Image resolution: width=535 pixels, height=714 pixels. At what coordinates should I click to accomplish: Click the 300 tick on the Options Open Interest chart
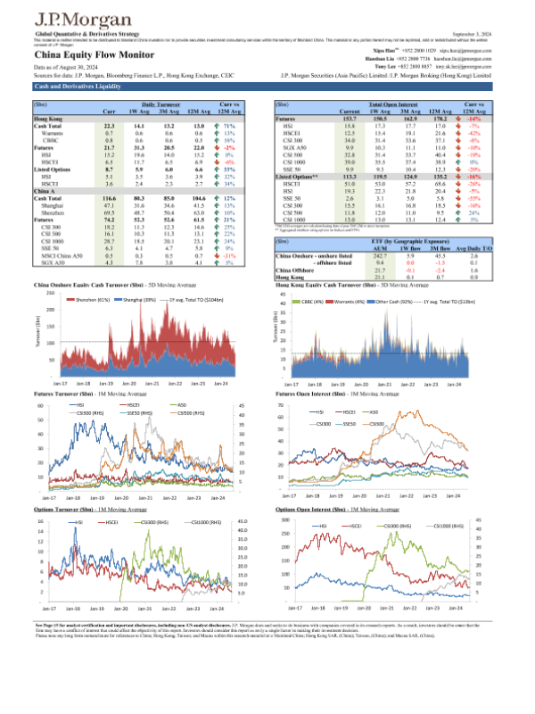point(289,519)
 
